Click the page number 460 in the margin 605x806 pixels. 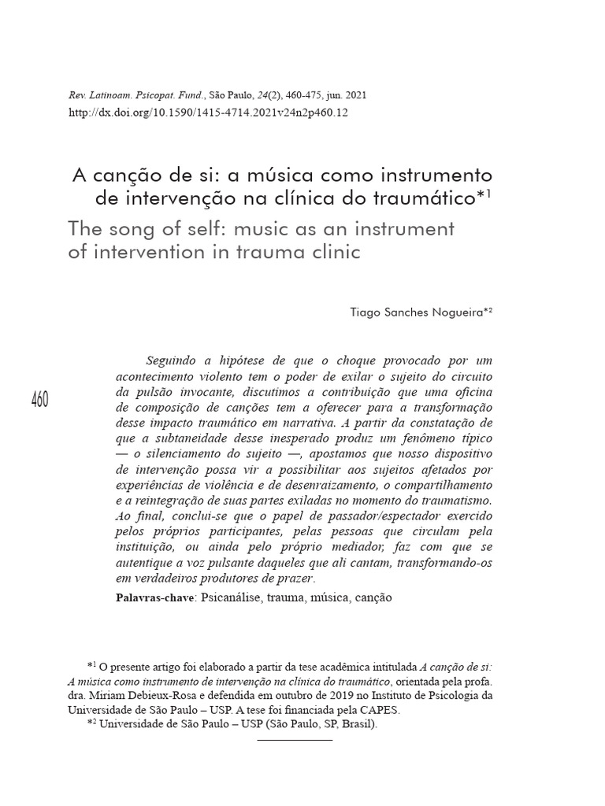(x=40, y=399)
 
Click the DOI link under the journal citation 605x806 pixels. (x=209, y=113)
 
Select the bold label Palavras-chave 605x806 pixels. (x=154, y=597)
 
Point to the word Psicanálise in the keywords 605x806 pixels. (x=232, y=597)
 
